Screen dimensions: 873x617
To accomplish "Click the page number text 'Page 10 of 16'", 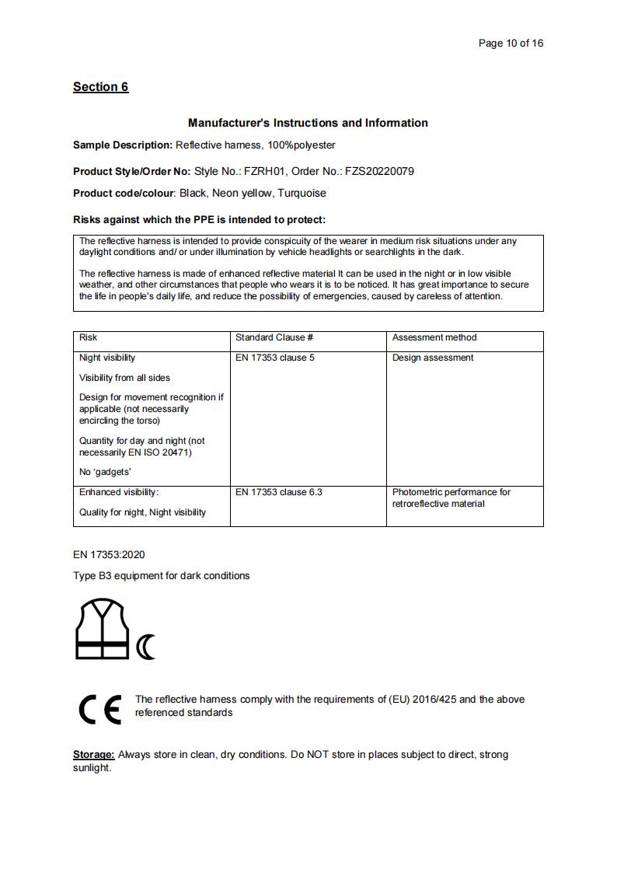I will (511, 43).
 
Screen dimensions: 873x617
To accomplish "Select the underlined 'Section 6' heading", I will (100, 87).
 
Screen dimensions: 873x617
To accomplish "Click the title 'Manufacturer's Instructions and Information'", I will (308, 123).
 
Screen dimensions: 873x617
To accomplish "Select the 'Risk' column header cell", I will (89, 337).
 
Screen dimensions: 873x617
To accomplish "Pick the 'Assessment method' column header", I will (434, 337).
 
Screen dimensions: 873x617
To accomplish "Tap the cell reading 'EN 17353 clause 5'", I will (275, 358).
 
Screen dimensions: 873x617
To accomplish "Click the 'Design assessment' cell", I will (433, 358).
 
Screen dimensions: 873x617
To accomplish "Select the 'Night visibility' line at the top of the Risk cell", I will (107, 358).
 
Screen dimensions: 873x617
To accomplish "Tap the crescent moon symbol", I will (146, 647).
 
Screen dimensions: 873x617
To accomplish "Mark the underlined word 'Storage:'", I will (94, 755).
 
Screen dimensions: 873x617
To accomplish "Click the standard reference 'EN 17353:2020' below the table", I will (109, 555).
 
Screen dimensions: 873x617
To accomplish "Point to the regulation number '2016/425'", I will (436, 700).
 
